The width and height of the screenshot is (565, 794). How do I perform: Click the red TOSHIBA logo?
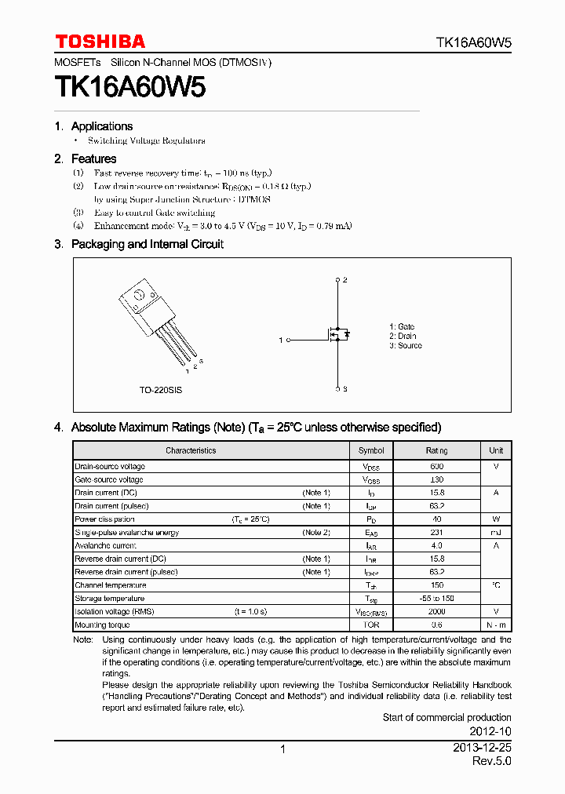click(100, 42)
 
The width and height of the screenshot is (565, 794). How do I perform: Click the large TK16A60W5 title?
click(130, 87)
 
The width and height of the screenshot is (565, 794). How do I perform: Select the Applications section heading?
click(101, 126)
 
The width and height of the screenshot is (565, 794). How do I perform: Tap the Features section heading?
click(93, 158)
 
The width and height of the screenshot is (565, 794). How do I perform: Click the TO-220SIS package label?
click(161, 390)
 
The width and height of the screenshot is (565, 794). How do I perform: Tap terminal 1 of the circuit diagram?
click(288, 341)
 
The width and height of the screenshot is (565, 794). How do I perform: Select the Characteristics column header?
click(191, 450)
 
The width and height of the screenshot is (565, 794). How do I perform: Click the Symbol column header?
click(371, 450)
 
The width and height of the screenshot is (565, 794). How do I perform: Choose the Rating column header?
click(436, 450)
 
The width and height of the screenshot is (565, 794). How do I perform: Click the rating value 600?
click(436, 466)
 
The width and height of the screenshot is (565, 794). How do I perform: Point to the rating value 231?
click(436, 533)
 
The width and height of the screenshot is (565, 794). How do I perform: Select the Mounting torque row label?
click(102, 625)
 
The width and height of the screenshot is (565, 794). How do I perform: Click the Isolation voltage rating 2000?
click(436, 611)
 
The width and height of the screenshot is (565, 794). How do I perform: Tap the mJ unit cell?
click(496, 533)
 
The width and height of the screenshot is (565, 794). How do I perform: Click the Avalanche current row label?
click(105, 545)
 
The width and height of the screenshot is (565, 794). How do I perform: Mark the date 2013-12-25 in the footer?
click(482, 748)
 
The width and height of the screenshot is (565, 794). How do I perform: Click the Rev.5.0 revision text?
click(491, 762)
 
